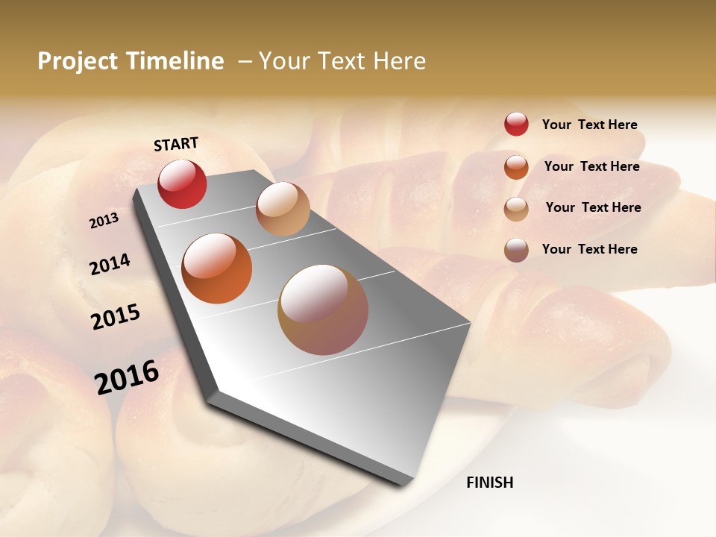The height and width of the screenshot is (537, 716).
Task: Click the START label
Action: tap(176, 144)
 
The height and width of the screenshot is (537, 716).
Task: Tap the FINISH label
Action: tap(490, 483)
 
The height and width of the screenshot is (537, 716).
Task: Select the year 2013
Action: tap(104, 221)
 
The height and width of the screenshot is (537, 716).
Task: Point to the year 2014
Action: tap(110, 264)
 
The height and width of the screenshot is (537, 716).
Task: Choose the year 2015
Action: tap(116, 317)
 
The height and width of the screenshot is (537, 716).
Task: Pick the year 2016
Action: tap(127, 377)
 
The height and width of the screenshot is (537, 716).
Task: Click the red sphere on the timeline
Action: tap(182, 184)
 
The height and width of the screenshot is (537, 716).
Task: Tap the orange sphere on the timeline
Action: tap(217, 268)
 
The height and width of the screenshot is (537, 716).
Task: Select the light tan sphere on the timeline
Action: tap(283, 209)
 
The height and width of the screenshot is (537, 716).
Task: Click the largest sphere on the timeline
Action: tap(323, 310)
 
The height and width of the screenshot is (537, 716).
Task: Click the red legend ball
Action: tap(516, 125)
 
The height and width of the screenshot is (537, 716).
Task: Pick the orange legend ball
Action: tap(516, 167)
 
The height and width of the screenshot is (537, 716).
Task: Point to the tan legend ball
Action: tap(516, 209)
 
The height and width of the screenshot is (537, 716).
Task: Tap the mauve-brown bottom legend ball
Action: tap(516, 250)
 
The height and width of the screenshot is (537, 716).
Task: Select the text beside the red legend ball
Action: tap(589, 125)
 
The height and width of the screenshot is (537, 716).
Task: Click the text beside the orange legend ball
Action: tap(591, 166)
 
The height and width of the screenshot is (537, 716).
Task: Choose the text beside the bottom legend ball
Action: tap(589, 249)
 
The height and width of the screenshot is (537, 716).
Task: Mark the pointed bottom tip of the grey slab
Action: tap(406, 483)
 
